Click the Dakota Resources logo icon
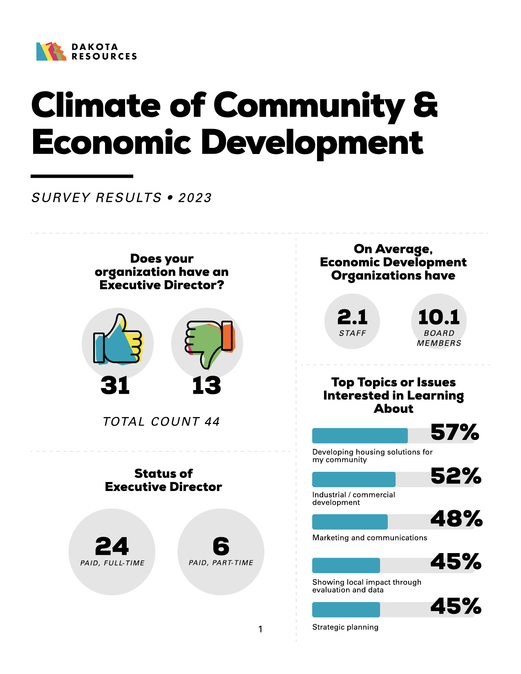[51, 52]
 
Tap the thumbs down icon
[208, 341]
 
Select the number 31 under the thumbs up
[115, 386]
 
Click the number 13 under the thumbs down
[207, 386]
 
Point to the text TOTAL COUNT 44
[161, 422]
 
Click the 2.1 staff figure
[352, 317]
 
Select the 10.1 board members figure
[439, 317]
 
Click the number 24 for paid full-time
[112, 546]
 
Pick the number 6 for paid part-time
[221, 546]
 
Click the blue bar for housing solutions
[360, 436]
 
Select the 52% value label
[456, 476]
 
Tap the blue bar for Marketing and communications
[350, 522]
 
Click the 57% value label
[455, 432]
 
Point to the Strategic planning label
[345, 627]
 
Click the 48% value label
[456, 519]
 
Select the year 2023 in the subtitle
[195, 198]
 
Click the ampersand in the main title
[425, 105]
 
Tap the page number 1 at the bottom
[260, 629]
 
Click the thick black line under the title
[82, 176]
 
